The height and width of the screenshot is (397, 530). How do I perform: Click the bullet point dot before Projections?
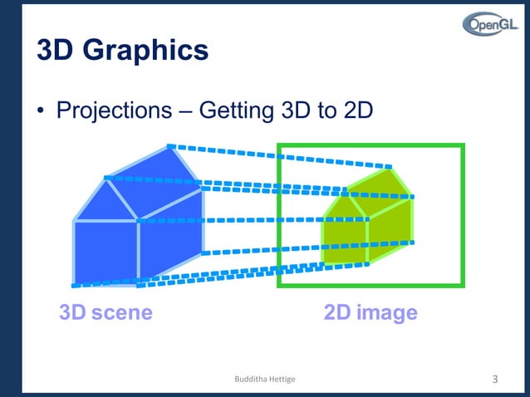[41, 111]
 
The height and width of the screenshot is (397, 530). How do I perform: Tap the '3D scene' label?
[106, 313]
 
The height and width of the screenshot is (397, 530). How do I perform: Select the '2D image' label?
[371, 313]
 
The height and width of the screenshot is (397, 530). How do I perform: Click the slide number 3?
[495, 380]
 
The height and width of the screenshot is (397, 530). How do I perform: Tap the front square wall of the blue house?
[106, 252]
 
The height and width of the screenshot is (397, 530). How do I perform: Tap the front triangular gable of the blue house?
[106, 203]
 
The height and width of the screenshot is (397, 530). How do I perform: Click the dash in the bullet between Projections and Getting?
[184, 111]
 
